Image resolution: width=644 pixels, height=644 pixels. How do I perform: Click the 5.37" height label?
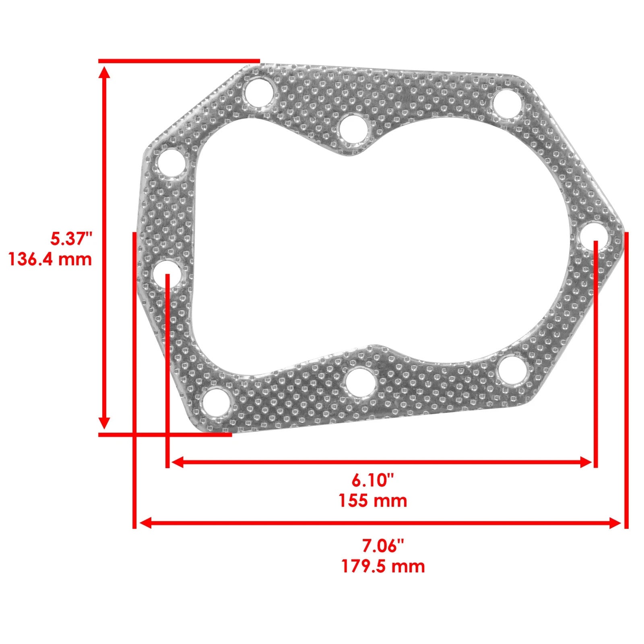pyautogui.click(x=71, y=239)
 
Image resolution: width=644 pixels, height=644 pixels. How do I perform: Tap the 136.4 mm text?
pyautogui.click(x=50, y=259)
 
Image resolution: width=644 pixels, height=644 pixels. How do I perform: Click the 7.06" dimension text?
pyautogui.click(x=382, y=546)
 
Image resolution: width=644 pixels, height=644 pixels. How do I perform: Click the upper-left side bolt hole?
pyautogui.click(x=172, y=163)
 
